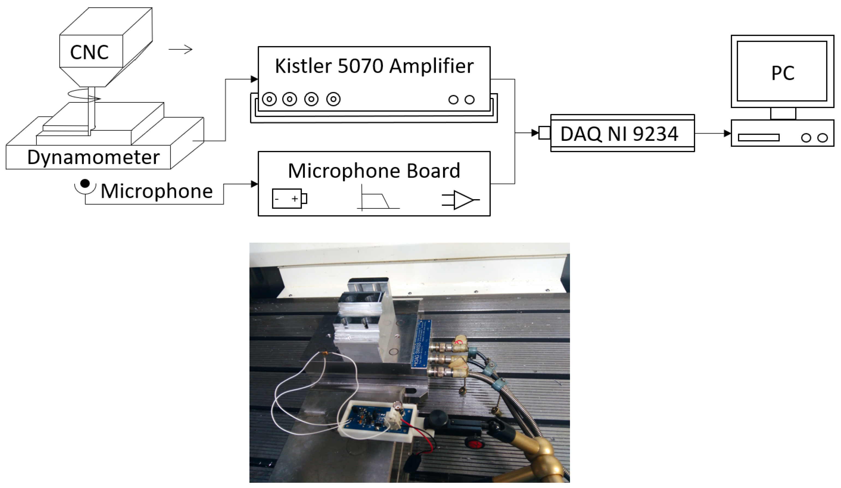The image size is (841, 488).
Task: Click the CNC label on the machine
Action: point(89,52)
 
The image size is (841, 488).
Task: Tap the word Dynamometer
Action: point(93,157)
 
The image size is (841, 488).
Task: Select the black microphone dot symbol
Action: point(85,183)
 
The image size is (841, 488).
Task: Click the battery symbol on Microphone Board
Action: point(289,199)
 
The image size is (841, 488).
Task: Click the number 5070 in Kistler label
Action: point(360,66)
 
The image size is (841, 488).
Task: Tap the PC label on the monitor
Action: point(782,73)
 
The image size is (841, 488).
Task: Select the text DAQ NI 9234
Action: point(619,134)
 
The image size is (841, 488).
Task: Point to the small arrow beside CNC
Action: point(180,50)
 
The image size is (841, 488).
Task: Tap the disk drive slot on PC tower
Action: point(758,138)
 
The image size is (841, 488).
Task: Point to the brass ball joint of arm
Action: point(544,447)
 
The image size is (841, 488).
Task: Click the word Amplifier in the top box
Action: point(431,66)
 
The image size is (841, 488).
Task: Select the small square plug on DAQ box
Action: point(544,133)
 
